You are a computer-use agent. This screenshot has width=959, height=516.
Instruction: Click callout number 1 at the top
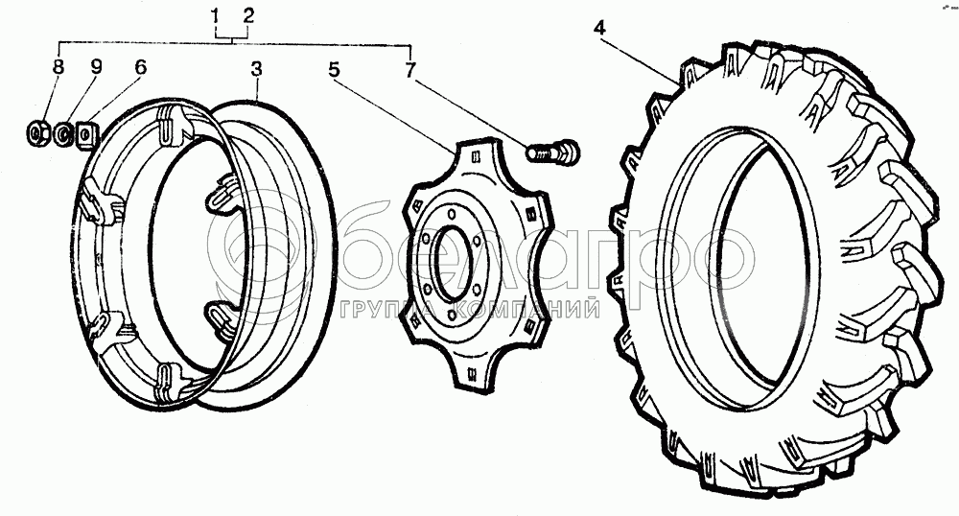[215, 17]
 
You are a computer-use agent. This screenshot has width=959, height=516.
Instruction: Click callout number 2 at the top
[247, 16]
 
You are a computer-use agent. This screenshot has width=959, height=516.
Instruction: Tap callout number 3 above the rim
[256, 69]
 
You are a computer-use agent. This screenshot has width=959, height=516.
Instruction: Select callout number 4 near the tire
[599, 28]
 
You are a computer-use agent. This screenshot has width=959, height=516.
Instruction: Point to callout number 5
[334, 70]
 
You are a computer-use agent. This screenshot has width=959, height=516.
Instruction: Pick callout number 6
[141, 67]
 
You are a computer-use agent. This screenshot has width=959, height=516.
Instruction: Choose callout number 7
[409, 70]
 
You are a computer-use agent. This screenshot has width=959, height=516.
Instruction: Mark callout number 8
[58, 67]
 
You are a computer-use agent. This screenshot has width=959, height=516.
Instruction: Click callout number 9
[96, 67]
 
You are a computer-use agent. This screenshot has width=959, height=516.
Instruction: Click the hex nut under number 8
[36, 132]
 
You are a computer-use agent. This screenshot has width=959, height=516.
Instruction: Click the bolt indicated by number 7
[551, 151]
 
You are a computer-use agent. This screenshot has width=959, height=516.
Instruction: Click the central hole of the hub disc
[452, 263]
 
